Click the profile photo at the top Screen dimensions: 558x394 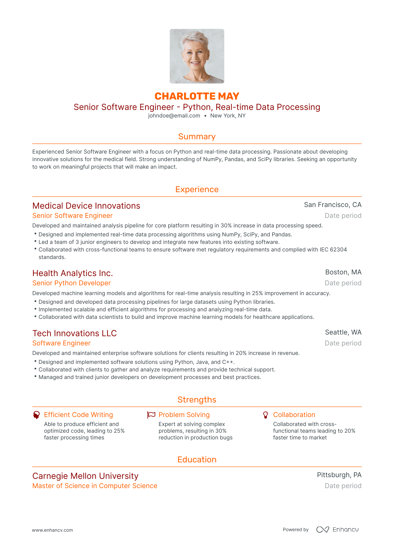197,56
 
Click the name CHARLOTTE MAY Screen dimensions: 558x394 197,96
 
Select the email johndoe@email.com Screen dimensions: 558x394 174,116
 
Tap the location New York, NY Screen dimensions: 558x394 228,116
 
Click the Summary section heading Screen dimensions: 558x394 197,136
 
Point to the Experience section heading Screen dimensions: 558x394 197,189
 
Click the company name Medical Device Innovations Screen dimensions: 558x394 86,206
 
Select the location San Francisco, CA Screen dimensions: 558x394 333,205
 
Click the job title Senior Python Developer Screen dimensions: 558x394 72,283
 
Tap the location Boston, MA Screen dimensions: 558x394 343,272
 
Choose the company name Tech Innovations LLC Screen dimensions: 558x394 75,333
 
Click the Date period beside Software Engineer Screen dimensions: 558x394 343,343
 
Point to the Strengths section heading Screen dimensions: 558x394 197,400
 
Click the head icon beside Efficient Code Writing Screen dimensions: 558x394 36,415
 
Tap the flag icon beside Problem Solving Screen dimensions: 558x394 151,415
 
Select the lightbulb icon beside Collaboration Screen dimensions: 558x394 265,415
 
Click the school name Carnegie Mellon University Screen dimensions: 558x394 85,476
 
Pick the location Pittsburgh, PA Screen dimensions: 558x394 339,475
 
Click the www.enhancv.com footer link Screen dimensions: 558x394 52,530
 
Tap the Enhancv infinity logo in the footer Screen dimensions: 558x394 322,529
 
